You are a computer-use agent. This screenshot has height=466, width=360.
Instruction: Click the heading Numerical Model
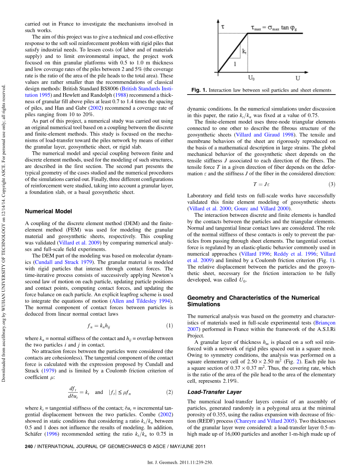pyautogui.click(x=48, y=211)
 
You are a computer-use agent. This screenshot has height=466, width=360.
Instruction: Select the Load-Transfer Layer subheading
pyautogui.click(x=214, y=392)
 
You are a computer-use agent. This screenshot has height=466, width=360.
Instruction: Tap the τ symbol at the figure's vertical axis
pyautogui.click(x=223, y=27)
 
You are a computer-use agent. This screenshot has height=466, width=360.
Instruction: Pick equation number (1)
pyautogui.click(x=170, y=326)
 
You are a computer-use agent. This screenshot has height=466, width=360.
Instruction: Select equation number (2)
pyautogui.click(x=170, y=392)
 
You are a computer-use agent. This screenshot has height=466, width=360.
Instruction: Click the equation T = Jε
pyautogui.click(x=261, y=184)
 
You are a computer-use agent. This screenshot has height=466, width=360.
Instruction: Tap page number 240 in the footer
pyautogui.click(x=28, y=446)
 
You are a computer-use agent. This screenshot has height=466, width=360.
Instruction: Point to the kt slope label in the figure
pyautogui.click(x=244, y=50)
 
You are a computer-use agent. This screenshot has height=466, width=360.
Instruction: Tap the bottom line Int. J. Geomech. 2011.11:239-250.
pyautogui.click(x=180, y=462)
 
